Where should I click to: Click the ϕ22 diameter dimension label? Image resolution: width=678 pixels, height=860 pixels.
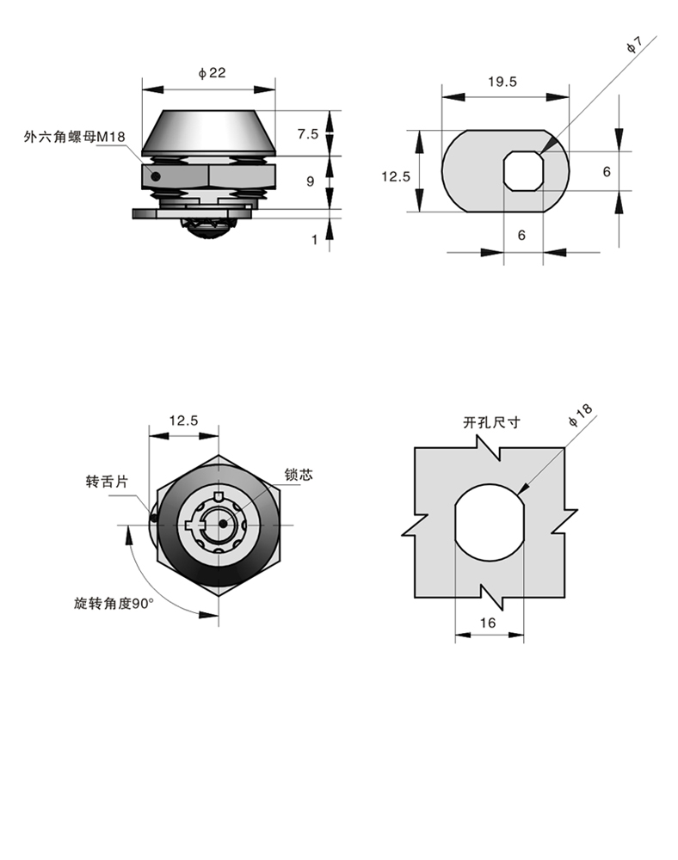click(x=213, y=73)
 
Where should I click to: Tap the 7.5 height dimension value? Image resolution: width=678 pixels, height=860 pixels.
click(x=308, y=134)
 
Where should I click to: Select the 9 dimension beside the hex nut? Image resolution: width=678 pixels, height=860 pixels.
click(x=311, y=181)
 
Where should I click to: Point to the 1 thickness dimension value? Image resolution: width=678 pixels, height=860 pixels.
click(x=314, y=240)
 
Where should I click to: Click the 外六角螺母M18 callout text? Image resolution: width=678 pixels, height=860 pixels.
click(x=75, y=137)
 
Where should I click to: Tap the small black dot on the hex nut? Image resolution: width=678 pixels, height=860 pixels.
click(x=156, y=176)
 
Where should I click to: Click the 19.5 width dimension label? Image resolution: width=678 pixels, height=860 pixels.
click(x=502, y=82)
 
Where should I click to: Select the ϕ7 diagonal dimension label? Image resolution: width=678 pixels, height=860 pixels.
click(x=635, y=46)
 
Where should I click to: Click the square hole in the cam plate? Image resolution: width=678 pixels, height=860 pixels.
click(x=524, y=171)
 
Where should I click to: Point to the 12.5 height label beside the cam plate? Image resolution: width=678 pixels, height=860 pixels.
click(x=396, y=176)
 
